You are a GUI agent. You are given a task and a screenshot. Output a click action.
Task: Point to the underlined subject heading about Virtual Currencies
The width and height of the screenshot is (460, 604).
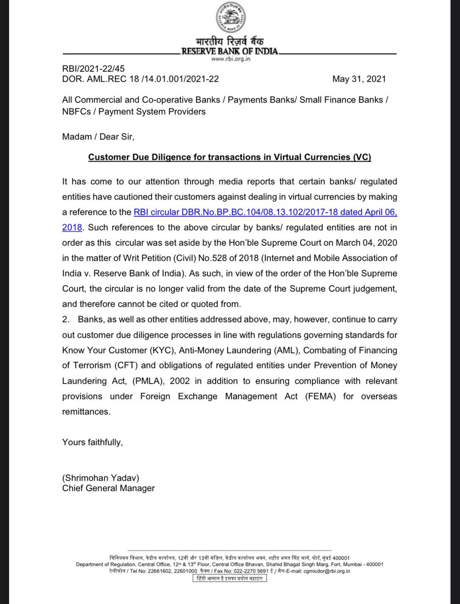(x=230, y=158)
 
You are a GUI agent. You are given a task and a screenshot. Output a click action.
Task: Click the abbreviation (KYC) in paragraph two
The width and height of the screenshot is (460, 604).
(x=171, y=336)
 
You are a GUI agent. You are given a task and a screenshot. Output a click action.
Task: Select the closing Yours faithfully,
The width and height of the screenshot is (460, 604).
(x=92, y=442)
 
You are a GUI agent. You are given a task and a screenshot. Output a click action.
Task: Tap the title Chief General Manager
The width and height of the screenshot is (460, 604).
(x=108, y=488)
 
